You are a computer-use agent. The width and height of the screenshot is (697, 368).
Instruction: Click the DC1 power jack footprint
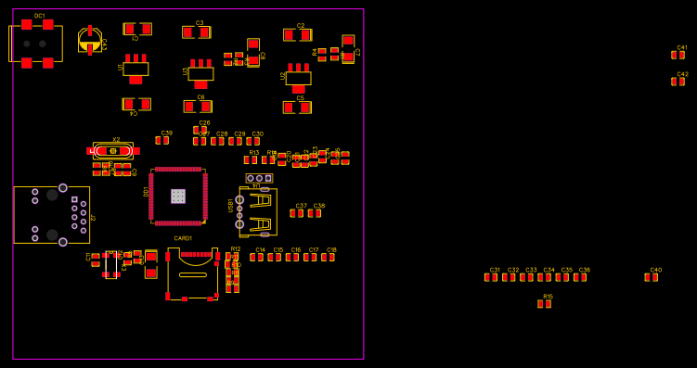pos(36,44)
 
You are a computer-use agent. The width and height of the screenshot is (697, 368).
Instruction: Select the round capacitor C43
pos(89,40)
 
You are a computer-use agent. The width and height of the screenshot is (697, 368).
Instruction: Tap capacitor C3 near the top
pos(196,32)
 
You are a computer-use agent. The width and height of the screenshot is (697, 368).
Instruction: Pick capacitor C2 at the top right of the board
pos(297,35)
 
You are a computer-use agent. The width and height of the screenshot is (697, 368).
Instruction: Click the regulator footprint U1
pos(136,69)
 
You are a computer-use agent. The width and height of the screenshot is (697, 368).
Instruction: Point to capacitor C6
pos(198,107)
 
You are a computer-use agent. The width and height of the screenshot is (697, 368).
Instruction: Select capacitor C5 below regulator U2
pos(297,108)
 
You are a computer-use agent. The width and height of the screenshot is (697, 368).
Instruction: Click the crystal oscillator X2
pos(113,150)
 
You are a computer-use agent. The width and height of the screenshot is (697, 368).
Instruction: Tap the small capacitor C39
pos(162,141)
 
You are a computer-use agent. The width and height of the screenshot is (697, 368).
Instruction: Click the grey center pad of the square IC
pos(178,197)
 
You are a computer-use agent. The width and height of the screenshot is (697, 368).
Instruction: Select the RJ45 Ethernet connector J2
pos(51,215)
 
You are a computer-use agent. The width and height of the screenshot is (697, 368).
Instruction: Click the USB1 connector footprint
pos(257,212)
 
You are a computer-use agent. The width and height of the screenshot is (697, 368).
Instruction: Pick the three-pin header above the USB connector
pos(259,178)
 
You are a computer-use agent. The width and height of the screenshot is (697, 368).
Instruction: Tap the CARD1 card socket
pos(192,273)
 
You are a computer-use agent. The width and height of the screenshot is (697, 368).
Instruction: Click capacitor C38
pos(315,213)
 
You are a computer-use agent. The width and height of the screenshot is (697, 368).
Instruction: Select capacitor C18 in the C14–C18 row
pos(328,258)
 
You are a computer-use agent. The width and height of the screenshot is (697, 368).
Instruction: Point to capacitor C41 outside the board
pos(678,55)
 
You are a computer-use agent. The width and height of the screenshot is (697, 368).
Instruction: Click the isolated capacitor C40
pos(652,277)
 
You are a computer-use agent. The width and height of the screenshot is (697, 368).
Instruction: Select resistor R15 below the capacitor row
pos(545,304)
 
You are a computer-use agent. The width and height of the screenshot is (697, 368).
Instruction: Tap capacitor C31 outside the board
pos(491,277)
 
